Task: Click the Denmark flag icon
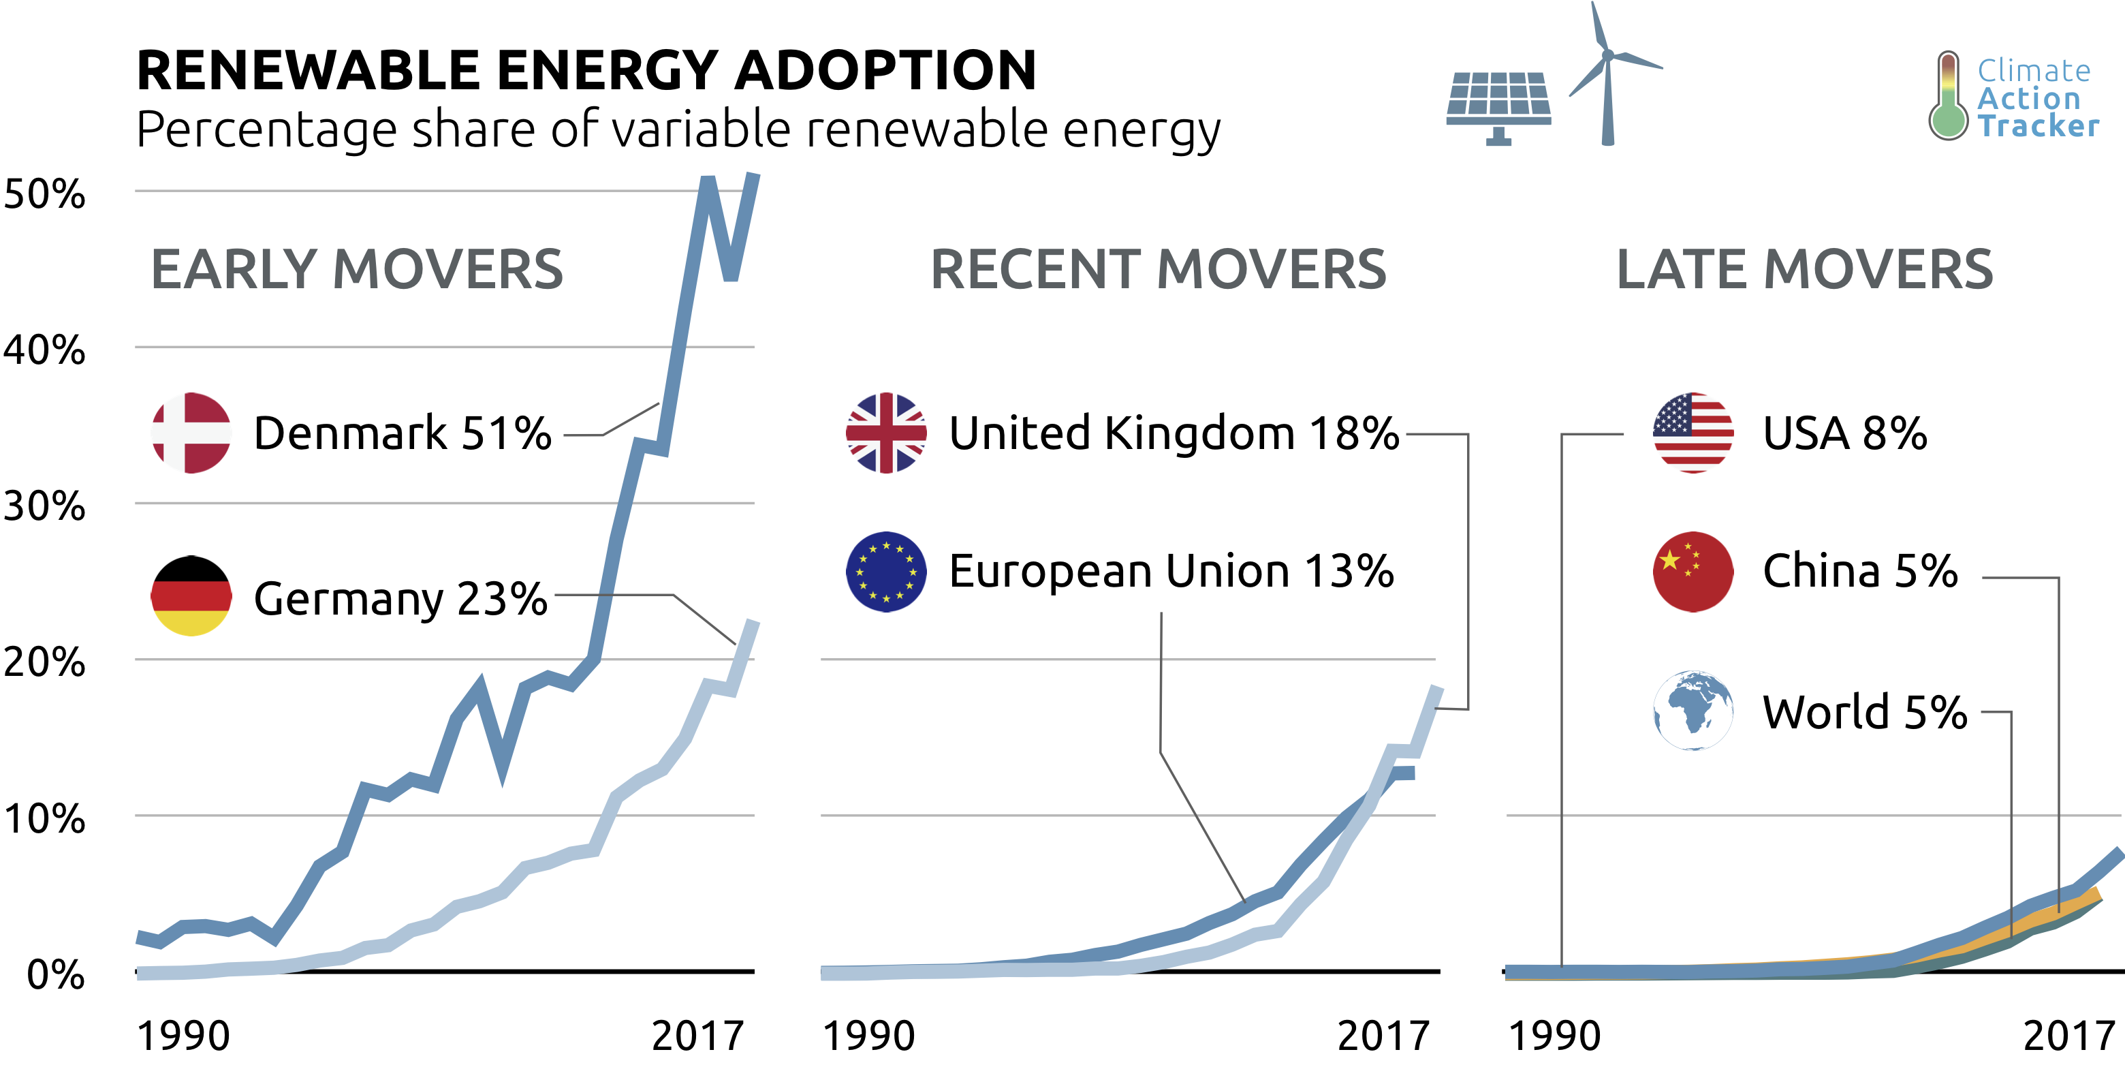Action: coord(191,433)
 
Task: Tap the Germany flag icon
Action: coord(191,595)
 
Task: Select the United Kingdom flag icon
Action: coord(886,433)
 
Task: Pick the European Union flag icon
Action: coord(886,571)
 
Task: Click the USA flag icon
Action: coord(1693,433)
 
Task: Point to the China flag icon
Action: coord(1693,571)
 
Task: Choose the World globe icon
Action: coord(1693,711)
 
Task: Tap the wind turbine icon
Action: coord(1608,74)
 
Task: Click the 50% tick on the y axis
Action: coord(44,194)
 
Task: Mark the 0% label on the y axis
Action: coord(55,974)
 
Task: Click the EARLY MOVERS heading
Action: coord(356,270)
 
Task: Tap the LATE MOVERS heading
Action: coord(1804,270)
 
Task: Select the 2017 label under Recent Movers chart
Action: coord(1383,1036)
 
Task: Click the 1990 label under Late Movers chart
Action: coord(1554,1036)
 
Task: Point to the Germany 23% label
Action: coord(400,598)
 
